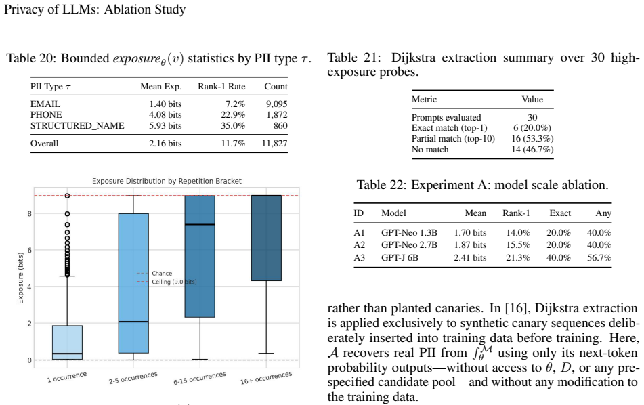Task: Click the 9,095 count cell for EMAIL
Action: coord(276,104)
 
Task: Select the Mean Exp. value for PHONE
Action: coord(165,115)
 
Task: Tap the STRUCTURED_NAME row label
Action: coord(77,126)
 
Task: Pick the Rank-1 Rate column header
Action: coord(221,86)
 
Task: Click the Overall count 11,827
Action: coord(275,144)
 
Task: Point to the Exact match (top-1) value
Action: coord(532,128)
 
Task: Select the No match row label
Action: coord(430,150)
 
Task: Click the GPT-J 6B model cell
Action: coord(400,257)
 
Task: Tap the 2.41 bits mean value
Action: coord(470,257)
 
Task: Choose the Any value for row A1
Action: coord(599,232)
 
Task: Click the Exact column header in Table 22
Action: coord(560,213)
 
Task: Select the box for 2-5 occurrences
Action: coord(133,283)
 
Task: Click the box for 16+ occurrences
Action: coord(266,238)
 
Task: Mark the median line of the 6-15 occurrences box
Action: coord(200,224)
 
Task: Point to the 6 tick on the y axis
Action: coord(29,250)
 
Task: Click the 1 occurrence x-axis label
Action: coord(67,377)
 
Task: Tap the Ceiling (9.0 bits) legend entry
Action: coord(167,282)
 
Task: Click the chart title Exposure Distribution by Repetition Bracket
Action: coord(167,181)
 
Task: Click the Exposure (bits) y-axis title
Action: coord(20,278)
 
